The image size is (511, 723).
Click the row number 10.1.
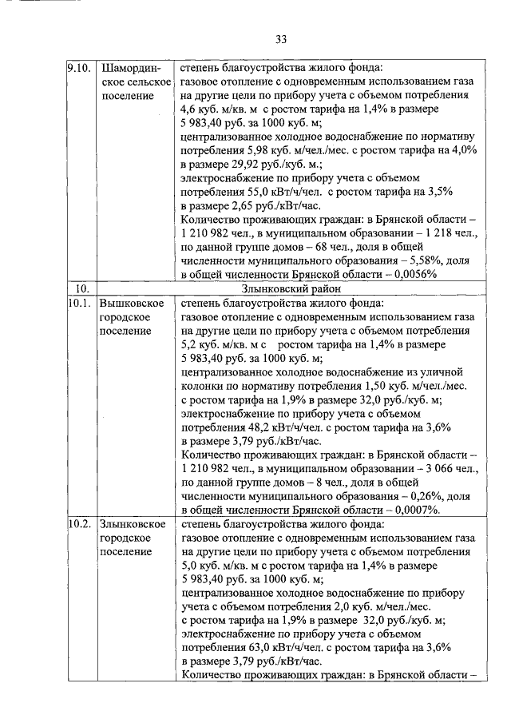coord(78,304)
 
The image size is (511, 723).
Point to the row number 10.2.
coord(78,524)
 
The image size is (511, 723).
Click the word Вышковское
coord(132,304)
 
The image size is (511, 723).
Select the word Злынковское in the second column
coord(133,524)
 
